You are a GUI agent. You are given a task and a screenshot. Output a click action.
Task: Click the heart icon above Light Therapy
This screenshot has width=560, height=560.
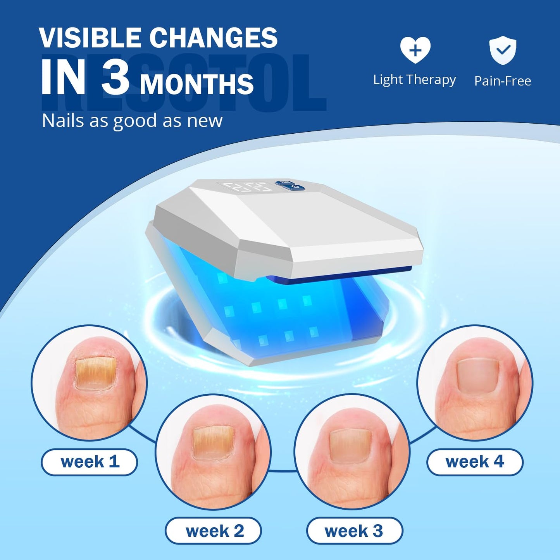click(415, 50)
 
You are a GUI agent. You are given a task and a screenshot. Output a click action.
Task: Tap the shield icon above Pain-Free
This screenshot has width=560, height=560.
click(502, 50)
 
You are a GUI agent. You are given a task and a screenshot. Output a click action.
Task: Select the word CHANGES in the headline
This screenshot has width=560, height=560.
click(214, 38)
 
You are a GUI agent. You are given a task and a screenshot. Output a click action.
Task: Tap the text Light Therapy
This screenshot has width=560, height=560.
click(414, 80)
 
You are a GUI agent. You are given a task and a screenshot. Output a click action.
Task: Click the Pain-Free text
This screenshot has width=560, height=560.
click(503, 81)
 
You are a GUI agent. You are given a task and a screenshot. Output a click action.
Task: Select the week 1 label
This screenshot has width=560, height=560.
click(90, 462)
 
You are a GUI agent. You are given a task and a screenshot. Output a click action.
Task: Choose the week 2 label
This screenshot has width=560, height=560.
click(214, 531)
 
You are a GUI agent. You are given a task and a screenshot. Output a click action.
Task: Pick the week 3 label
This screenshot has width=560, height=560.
click(354, 531)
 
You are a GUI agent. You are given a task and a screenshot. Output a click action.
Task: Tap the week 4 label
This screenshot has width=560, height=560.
click(475, 462)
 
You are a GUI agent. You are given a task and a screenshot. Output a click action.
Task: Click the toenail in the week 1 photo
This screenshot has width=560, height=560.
click(95, 373)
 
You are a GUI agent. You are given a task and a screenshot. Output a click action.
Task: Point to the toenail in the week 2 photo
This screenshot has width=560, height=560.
click(214, 443)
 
